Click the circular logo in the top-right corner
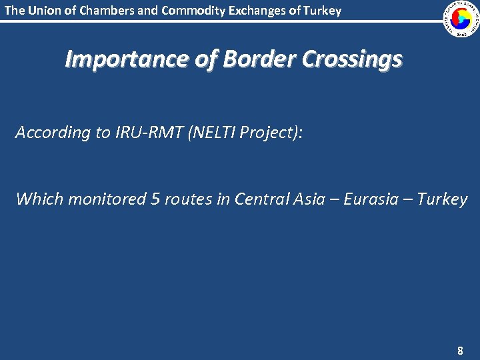(x=461, y=19)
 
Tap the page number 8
(x=459, y=350)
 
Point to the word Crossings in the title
(x=352, y=60)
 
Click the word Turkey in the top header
(x=323, y=11)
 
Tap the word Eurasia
(x=371, y=199)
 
